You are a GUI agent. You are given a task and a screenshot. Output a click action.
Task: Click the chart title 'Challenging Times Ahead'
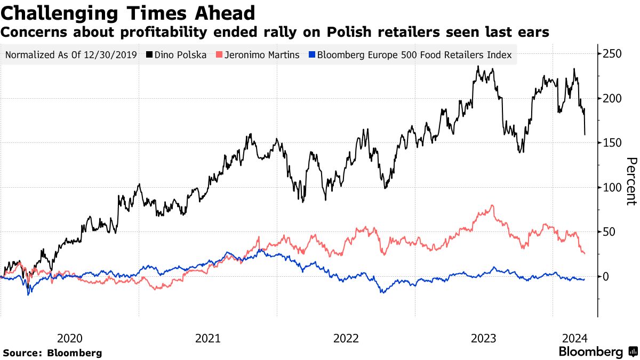tap(128, 12)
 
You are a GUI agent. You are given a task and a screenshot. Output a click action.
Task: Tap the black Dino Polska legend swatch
tap(149, 55)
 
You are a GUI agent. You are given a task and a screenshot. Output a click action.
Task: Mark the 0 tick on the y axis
tap(606, 276)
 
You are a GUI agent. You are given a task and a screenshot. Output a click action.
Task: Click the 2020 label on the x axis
tap(69, 338)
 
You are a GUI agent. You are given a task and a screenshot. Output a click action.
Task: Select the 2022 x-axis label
tap(346, 338)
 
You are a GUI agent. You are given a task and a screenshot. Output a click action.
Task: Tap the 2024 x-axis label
tap(575, 338)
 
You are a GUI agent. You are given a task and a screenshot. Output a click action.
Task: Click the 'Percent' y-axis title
tap(631, 181)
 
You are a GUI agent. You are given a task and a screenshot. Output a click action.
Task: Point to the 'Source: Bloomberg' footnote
tap(52, 353)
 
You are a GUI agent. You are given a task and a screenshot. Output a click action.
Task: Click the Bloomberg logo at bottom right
tap(597, 352)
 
